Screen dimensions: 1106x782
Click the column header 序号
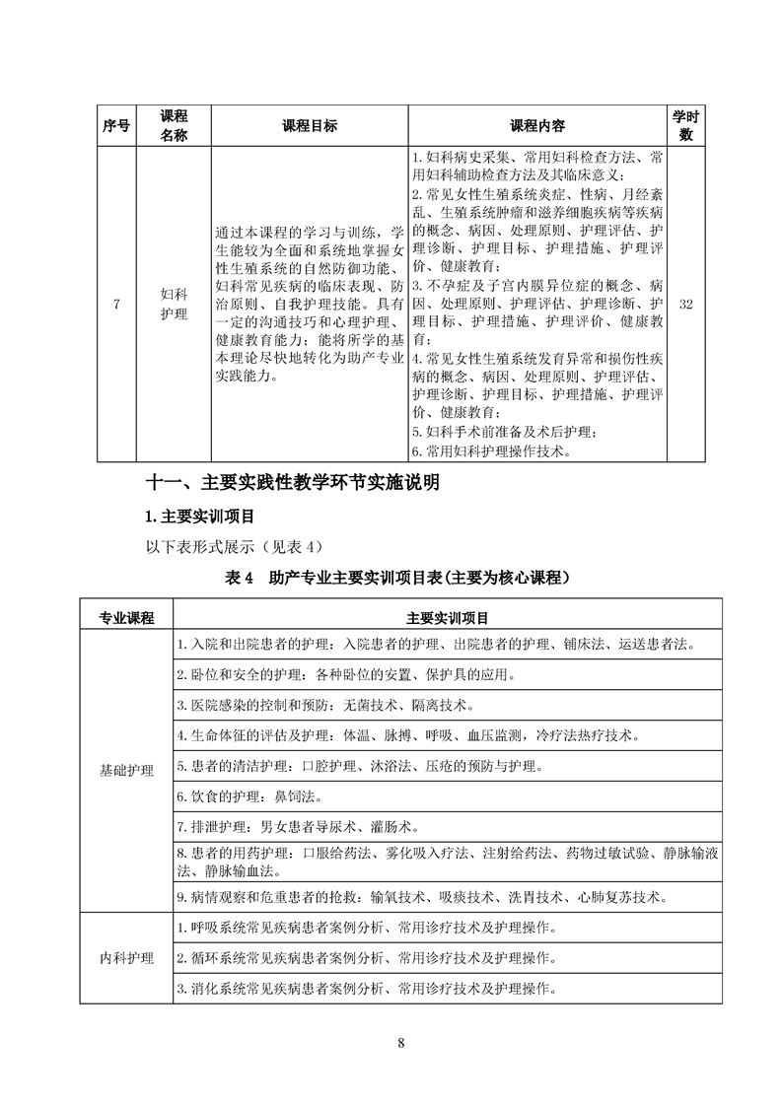pyautogui.click(x=116, y=126)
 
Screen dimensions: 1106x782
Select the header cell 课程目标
pyautogui.click(x=309, y=126)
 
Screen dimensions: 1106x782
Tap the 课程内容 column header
pyautogui.click(x=536, y=126)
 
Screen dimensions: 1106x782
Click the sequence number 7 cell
pyautogui.click(x=116, y=305)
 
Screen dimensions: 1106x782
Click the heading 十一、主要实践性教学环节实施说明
pyautogui.click(x=292, y=483)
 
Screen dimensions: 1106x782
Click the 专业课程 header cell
pyautogui.click(x=126, y=617)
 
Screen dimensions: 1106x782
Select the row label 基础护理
pyautogui.click(x=126, y=771)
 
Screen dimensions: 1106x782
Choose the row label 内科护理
pyautogui.click(x=126, y=958)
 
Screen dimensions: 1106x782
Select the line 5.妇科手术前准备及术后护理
pyautogui.click(x=505, y=432)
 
